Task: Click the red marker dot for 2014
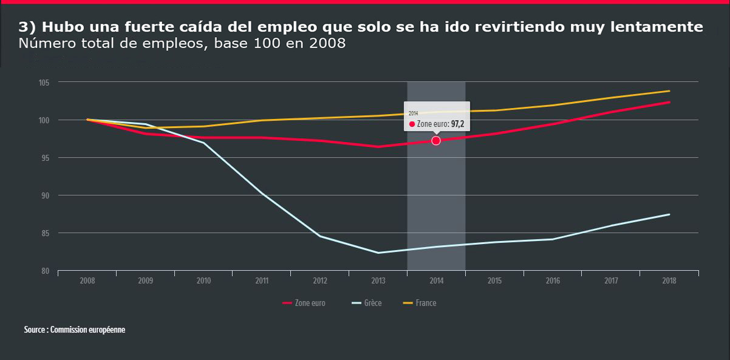tap(435, 140)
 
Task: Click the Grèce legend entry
tap(366, 303)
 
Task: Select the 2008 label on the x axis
tap(87, 281)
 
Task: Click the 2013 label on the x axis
tap(378, 281)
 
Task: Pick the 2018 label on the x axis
tap(669, 281)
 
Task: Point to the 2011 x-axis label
tap(262, 281)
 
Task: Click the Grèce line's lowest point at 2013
tap(378, 253)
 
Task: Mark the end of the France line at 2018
tap(669, 91)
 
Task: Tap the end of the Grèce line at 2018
tap(669, 214)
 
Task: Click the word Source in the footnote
tap(35, 330)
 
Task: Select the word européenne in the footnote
tap(106, 330)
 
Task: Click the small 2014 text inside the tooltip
tap(413, 114)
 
